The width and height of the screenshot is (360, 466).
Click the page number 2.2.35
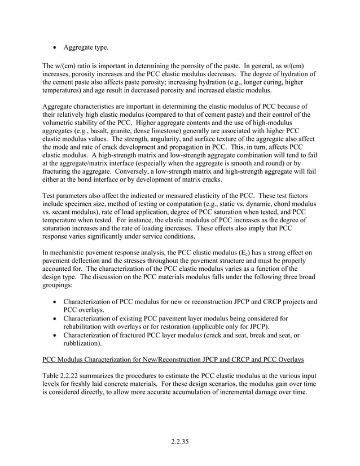180,441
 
